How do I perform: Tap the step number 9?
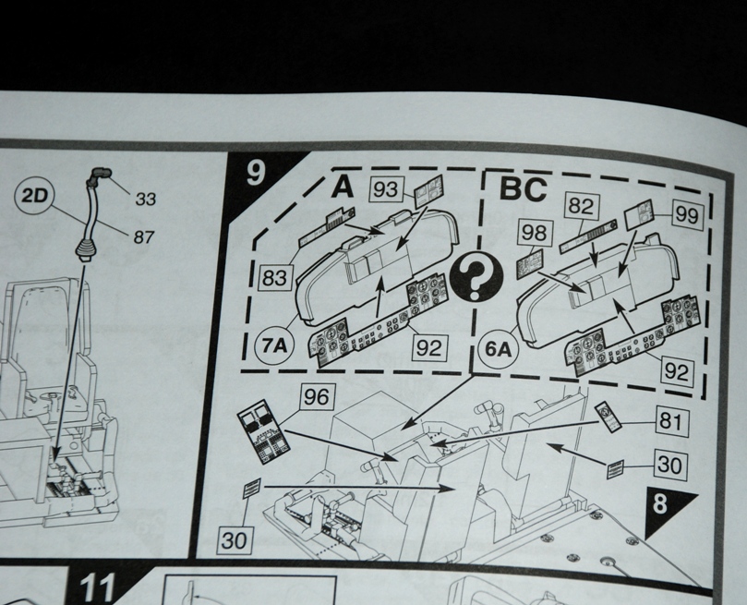[x=255, y=173]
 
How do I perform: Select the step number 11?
[x=97, y=588]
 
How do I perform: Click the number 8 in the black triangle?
[x=660, y=503]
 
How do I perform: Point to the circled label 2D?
[x=35, y=196]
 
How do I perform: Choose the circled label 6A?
[x=498, y=349]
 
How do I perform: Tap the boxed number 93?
[x=386, y=189]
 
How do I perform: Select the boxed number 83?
[x=274, y=278]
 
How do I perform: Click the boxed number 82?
[x=581, y=206]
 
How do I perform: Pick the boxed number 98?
[x=534, y=233]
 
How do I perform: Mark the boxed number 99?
[x=686, y=215]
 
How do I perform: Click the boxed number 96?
[x=317, y=397]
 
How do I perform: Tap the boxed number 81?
[x=670, y=421]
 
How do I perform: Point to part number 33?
[x=146, y=199]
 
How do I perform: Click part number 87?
[x=144, y=236]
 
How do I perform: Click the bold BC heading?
[x=524, y=189]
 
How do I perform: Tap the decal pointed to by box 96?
[x=263, y=430]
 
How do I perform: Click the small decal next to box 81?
[x=608, y=416]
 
